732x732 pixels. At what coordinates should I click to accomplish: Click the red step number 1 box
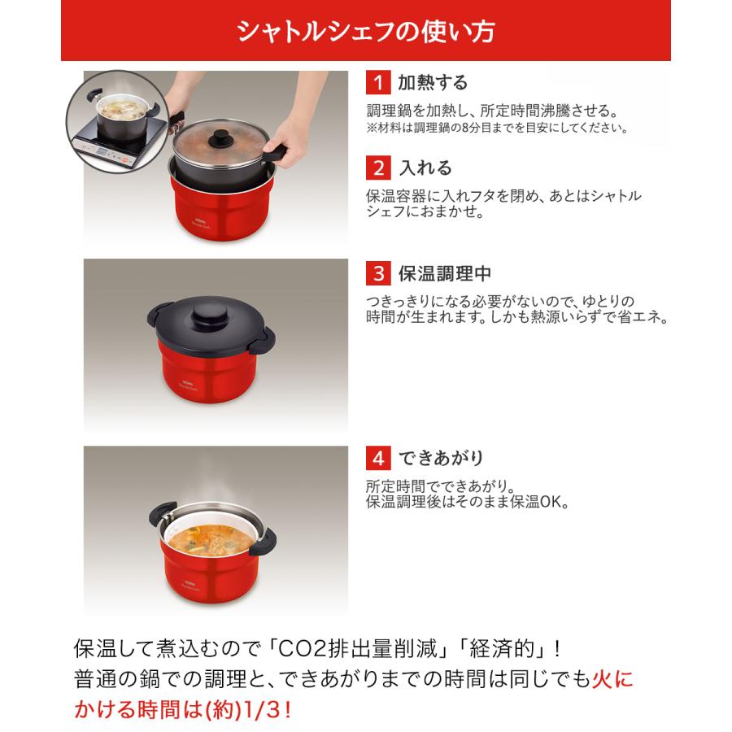click(x=377, y=83)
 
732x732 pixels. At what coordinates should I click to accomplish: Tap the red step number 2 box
click(x=377, y=168)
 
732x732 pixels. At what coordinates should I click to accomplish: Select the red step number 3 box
click(x=377, y=273)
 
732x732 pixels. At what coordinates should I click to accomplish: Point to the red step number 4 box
click(x=377, y=458)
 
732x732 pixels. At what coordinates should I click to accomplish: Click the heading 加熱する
click(x=432, y=83)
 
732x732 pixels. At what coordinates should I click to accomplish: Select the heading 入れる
click(x=424, y=168)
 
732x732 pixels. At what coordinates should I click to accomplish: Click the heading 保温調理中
click(x=443, y=273)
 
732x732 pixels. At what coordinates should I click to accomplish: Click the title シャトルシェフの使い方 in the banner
click(x=365, y=31)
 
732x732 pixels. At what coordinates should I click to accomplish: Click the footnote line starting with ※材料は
click(x=495, y=128)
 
